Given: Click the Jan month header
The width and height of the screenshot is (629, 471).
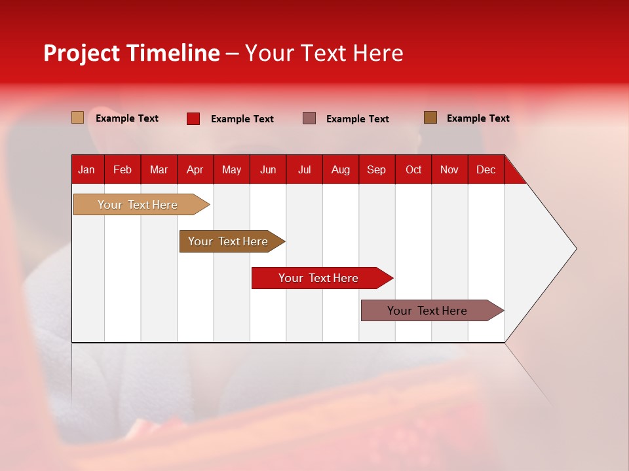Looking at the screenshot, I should click(87, 169).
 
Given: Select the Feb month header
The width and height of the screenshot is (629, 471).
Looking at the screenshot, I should click(123, 169).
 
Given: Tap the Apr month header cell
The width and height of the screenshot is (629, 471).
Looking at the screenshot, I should click(195, 169).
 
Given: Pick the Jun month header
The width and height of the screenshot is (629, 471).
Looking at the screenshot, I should click(268, 169).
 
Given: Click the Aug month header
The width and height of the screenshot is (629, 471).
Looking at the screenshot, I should click(341, 169).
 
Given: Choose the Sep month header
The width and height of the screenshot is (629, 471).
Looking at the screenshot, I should click(377, 169).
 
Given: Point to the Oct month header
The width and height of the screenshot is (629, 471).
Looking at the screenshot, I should click(413, 169).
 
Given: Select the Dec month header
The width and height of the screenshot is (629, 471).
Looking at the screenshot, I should click(486, 169).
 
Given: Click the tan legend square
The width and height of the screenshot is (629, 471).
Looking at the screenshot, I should click(78, 118).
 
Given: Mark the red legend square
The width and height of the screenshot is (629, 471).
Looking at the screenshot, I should click(193, 118).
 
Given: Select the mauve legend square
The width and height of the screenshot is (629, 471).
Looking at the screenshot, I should click(309, 118).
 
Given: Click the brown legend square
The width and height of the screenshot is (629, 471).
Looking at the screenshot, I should click(430, 118).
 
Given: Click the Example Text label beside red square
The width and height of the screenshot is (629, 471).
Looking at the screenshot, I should click(242, 119).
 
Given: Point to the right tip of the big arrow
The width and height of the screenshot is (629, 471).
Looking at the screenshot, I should click(575, 249).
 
